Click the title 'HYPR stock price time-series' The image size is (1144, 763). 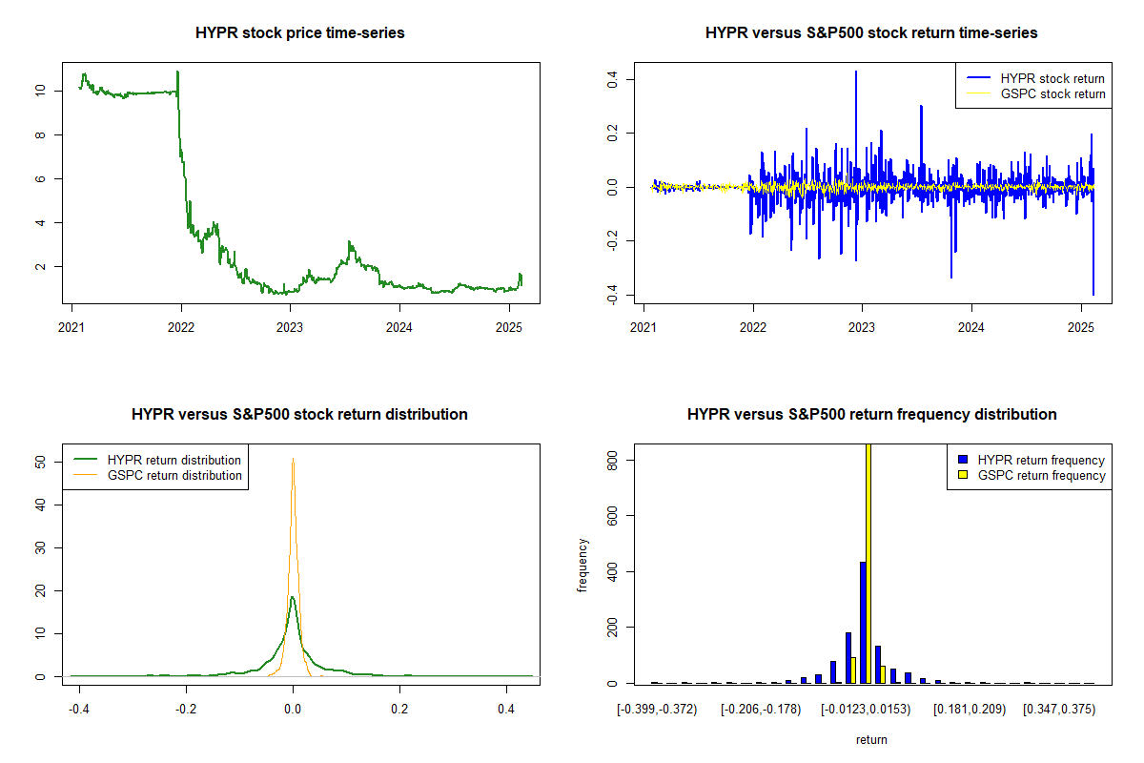pos(299,33)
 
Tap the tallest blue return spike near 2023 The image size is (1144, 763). pos(856,72)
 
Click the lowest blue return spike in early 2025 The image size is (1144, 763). pos(1093,293)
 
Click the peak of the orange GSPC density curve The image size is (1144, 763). pos(293,462)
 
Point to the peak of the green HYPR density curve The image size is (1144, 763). pos(293,597)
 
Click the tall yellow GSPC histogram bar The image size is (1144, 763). pos(868,563)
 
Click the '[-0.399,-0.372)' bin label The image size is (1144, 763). pos(657,710)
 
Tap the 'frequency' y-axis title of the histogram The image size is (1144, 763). pos(583,565)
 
